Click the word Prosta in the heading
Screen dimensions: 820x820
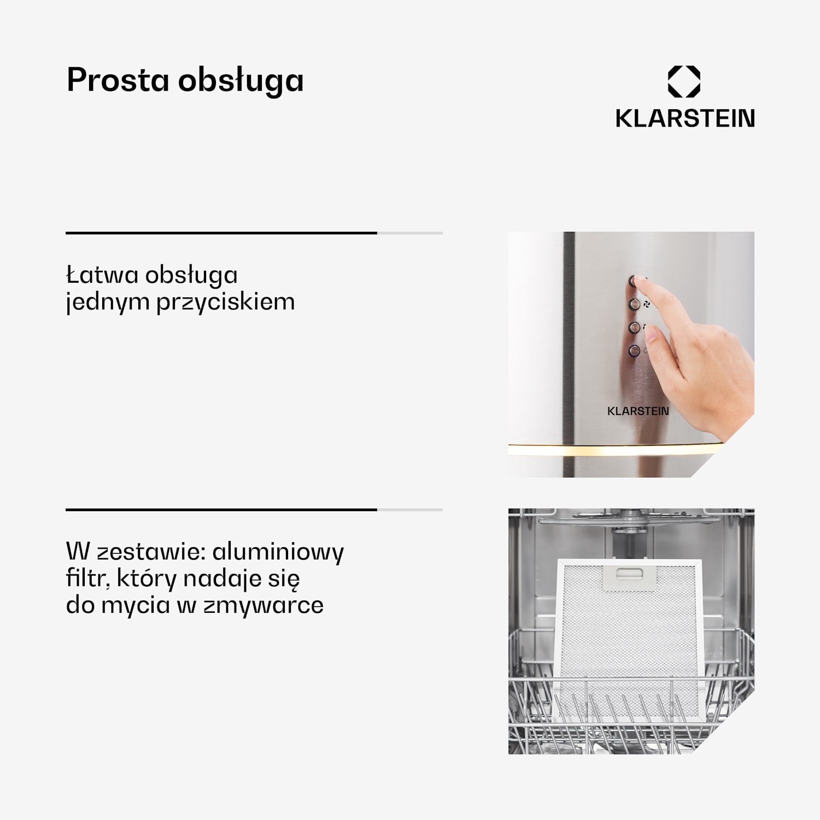tap(118, 80)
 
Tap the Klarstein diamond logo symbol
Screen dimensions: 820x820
tap(684, 81)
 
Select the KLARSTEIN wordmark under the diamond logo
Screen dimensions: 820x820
tap(685, 118)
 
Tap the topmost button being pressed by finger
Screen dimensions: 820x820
tap(634, 281)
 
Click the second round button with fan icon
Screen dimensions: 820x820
tap(634, 304)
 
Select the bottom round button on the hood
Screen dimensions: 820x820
tap(634, 350)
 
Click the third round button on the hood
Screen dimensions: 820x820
tap(634, 327)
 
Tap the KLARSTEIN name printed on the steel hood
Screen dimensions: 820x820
tap(638, 411)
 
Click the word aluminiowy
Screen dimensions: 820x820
tap(278, 552)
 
